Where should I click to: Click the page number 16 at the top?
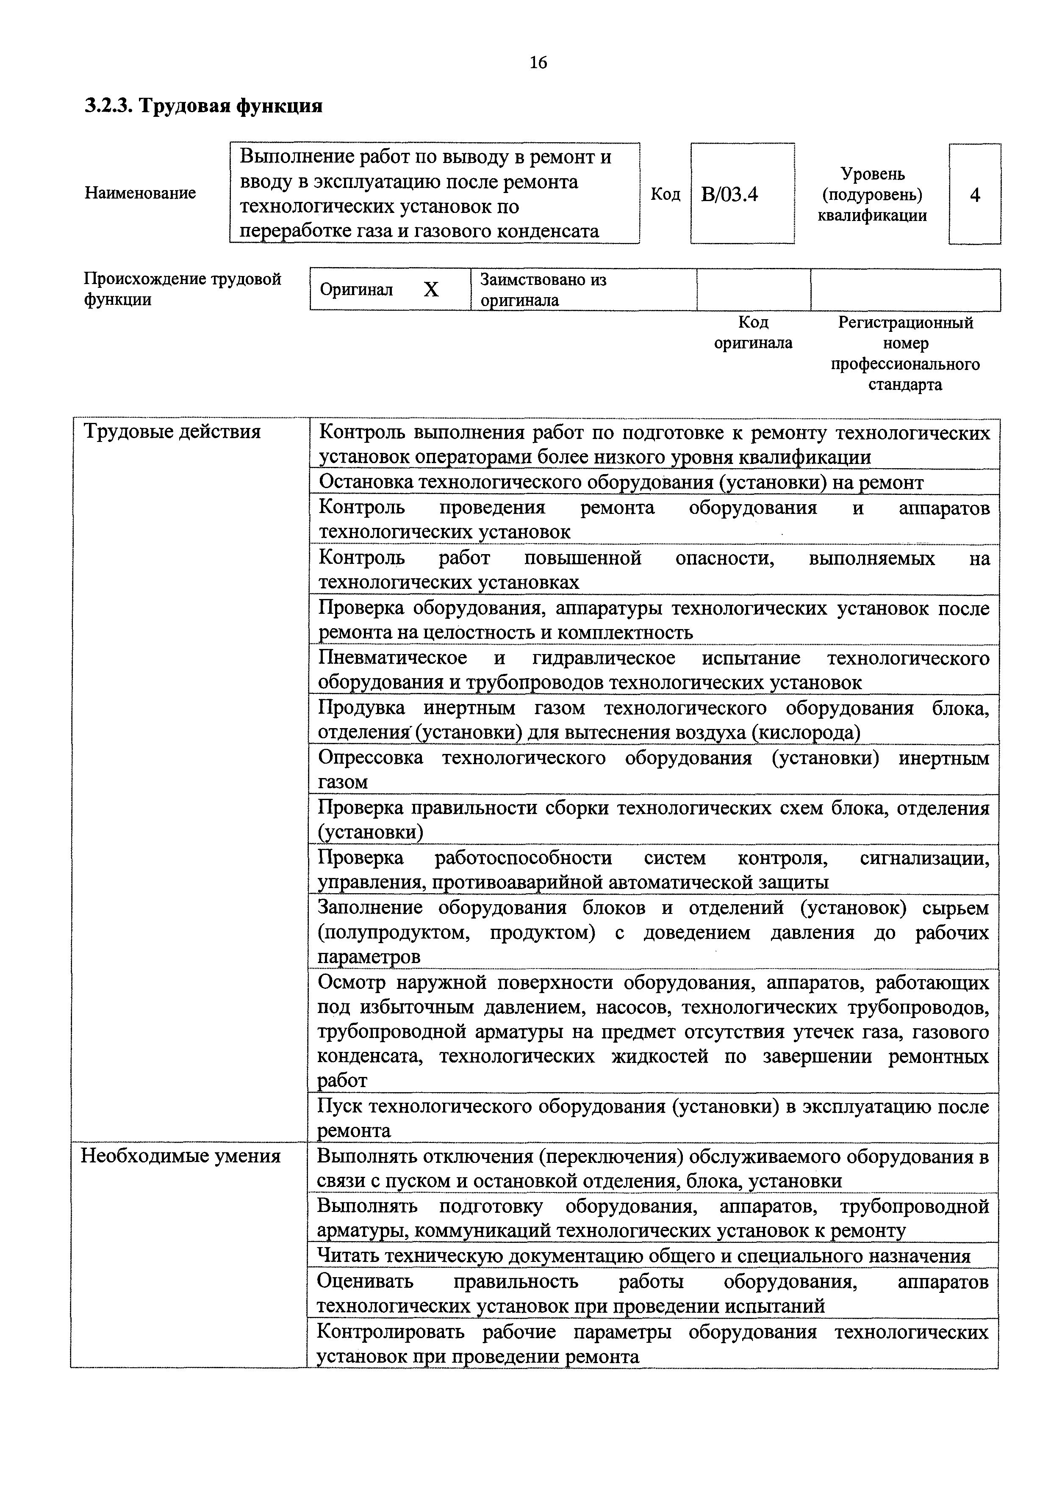pos(538,62)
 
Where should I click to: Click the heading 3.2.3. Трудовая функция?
pos(204,105)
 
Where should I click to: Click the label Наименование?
pos(141,193)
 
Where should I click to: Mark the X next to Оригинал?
pos(431,290)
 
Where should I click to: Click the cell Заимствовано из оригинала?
pos(543,290)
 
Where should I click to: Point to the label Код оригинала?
pos(753,332)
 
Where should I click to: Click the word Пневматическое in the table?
pos(393,658)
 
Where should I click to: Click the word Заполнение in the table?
pos(370,908)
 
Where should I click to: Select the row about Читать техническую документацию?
pos(644,1256)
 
